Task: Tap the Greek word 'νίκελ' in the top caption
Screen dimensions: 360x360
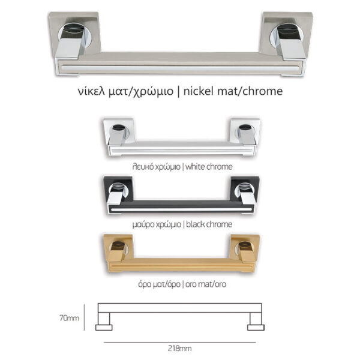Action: coord(91,91)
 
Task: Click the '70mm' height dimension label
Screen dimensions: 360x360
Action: coord(69,318)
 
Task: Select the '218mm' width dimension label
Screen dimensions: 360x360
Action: coord(179,348)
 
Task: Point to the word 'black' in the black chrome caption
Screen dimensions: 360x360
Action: coord(195,224)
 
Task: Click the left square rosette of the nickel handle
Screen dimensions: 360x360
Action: coord(74,32)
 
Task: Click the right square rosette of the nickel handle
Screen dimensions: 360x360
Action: coord(287,33)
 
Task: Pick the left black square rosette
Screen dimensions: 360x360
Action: coord(118,188)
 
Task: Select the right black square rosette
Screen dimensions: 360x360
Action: coord(245,189)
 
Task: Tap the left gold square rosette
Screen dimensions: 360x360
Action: coord(118,247)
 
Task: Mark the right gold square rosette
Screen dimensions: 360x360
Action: coord(245,247)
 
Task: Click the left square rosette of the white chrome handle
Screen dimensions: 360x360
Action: coord(118,130)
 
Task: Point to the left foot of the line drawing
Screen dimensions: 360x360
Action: coord(104,328)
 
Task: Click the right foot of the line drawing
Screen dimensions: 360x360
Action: coord(256,328)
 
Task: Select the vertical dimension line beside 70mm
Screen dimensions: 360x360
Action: coord(84,317)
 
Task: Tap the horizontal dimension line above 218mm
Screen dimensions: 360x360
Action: coord(180,343)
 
